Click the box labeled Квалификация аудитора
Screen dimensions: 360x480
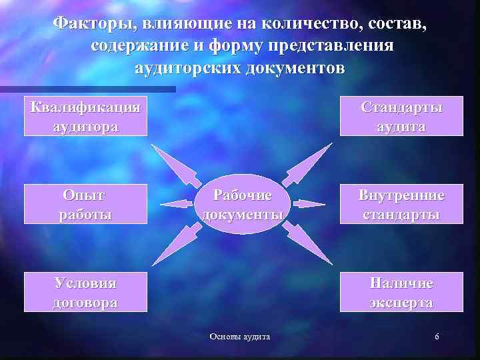tap(85, 117)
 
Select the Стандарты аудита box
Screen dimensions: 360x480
tap(401, 117)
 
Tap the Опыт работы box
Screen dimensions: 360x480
tap(85, 204)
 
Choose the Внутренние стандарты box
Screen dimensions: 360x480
tap(401, 204)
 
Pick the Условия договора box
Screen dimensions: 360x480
tap(85, 292)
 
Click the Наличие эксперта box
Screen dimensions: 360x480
tap(401, 292)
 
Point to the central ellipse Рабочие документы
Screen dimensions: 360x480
tap(242, 205)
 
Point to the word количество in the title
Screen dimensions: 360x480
tap(284, 25)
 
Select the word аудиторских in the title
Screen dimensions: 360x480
tap(189, 69)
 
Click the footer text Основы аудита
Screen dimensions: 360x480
tap(240, 337)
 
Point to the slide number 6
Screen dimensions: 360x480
tap(437, 337)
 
